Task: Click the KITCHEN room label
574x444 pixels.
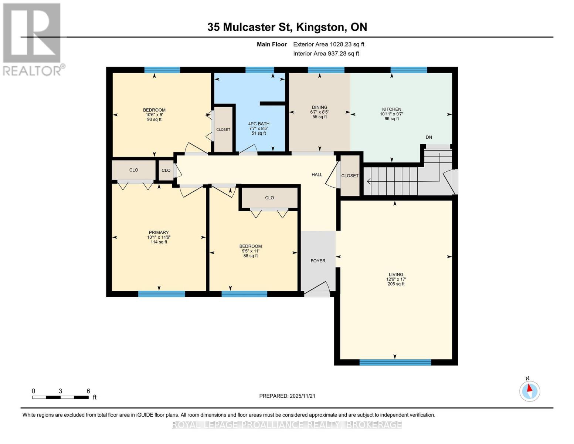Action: click(391, 109)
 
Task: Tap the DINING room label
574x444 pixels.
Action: click(319, 107)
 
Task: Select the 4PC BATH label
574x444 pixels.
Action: click(259, 124)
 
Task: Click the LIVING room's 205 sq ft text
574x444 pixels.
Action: click(396, 284)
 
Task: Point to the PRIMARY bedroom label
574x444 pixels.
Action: click(159, 232)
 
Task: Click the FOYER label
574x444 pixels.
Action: click(318, 261)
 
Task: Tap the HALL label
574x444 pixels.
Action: click(317, 175)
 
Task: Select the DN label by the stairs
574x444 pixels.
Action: click(429, 137)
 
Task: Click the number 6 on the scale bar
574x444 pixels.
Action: click(88, 391)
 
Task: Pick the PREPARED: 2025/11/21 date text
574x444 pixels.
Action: click(287, 396)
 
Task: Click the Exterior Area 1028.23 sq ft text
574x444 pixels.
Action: click(329, 44)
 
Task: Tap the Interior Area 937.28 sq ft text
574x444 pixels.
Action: click(326, 54)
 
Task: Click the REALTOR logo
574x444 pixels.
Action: click(32, 39)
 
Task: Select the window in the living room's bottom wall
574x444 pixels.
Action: click(395, 363)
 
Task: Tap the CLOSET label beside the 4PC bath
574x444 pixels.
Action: click(223, 129)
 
